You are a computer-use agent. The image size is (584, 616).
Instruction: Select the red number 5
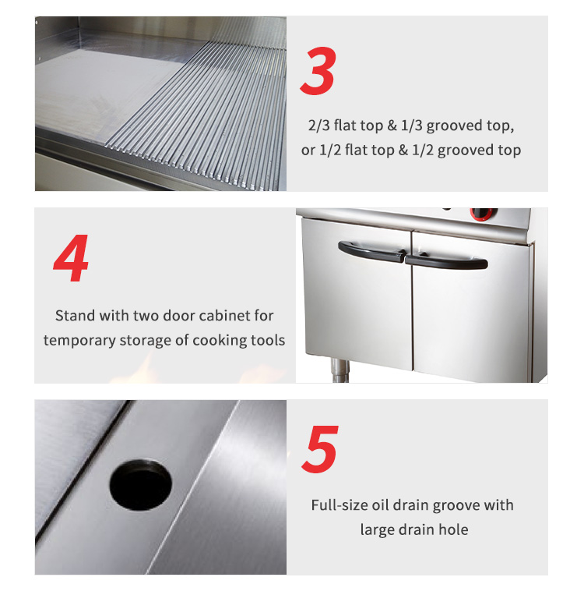320,449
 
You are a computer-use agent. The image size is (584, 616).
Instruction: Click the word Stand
75,316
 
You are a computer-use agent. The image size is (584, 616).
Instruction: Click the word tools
267,340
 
